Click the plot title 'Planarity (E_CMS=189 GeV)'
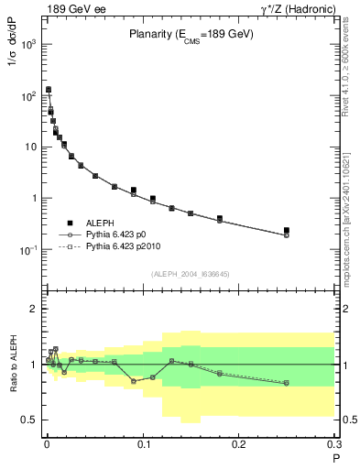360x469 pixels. (x=191, y=36)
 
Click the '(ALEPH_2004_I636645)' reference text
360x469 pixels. (x=191, y=273)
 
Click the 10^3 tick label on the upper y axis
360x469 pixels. (x=28, y=44)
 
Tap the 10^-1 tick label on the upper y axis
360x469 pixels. (x=28, y=249)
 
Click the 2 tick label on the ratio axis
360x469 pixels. (x=32, y=309)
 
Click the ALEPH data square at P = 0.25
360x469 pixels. (x=287, y=230)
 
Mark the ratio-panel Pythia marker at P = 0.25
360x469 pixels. (x=287, y=383)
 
